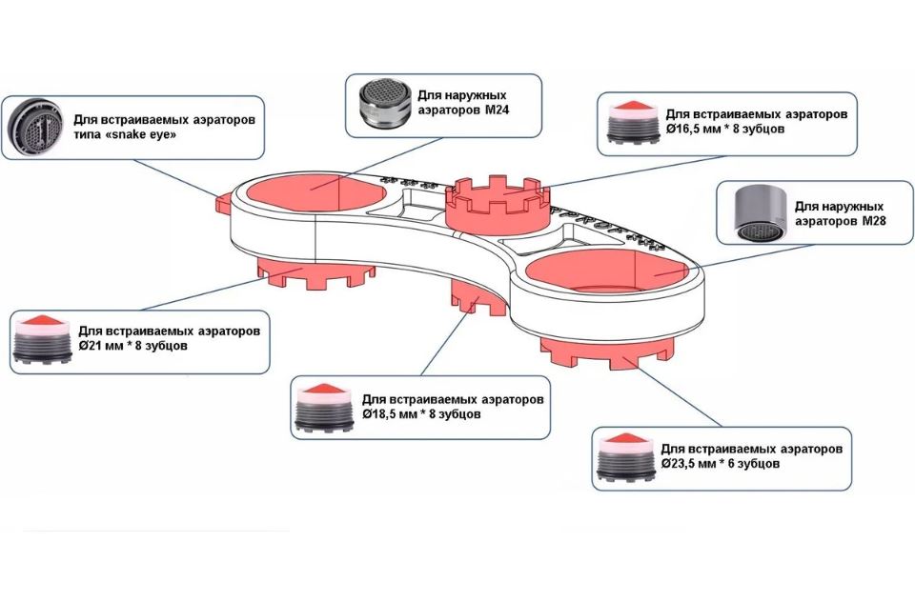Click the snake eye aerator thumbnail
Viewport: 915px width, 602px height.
[36, 128]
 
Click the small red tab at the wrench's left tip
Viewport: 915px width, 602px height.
[222, 202]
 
